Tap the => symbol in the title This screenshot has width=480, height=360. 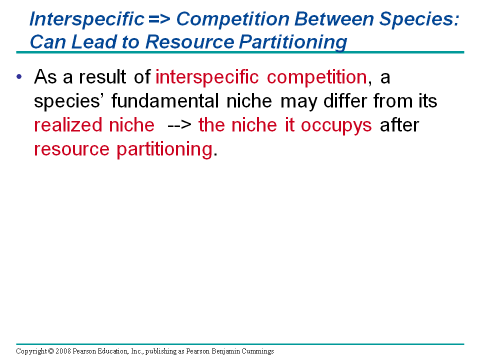click(x=159, y=19)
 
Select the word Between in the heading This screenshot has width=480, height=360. click(x=334, y=18)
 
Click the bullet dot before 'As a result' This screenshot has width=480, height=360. click(x=19, y=76)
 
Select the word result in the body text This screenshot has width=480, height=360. click(x=102, y=76)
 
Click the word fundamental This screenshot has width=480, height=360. click(x=164, y=101)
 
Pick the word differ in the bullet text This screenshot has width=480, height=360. click(x=345, y=100)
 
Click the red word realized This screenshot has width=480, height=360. click(x=68, y=125)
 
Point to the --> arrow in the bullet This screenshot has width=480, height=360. click(x=179, y=125)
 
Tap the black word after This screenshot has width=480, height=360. click(x=399, y=125)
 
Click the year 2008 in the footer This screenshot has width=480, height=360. click(x=63, y=351)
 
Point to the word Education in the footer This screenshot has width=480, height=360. click(x=113, y=351)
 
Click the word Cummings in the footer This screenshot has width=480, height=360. click(x=258, y=351)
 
